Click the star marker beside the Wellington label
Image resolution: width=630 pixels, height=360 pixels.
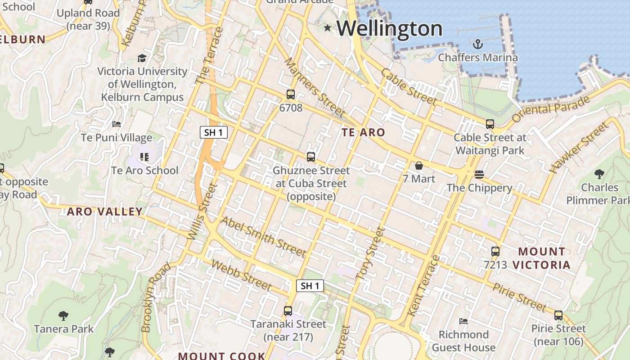pos(328,28)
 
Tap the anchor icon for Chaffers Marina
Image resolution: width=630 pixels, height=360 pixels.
pos(477,44)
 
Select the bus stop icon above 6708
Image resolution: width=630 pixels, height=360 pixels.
pos(291,94)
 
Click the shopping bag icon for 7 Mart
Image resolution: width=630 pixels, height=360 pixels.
pos(419,166)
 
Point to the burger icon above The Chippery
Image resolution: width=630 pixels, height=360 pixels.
pos(479,174)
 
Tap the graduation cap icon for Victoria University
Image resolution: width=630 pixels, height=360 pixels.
pos(142,58)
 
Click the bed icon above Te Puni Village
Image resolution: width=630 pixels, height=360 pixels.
pos(117,124)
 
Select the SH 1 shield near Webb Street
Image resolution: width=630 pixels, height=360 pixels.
pos(310,286)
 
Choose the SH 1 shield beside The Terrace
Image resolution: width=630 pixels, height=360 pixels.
pos(214,132)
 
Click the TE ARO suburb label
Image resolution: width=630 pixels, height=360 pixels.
pos(363,132)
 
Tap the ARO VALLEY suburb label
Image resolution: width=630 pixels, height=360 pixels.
pos(105,211)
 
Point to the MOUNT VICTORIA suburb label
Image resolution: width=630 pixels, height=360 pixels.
pos(542,258)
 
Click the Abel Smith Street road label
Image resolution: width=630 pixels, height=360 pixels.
pos(263,236)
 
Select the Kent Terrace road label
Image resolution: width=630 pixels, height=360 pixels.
pos(423,286)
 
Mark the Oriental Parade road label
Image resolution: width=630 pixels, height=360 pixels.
pos(551,108)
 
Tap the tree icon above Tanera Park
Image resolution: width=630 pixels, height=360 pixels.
pos(63,316)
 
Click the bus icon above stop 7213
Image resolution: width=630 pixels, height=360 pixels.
pos(495,252)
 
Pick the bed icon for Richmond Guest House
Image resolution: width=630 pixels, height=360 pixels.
pos(463,321)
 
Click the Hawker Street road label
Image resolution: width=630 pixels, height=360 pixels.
pos(579,148)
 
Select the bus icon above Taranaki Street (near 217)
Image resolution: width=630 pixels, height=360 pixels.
pos(288,311)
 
